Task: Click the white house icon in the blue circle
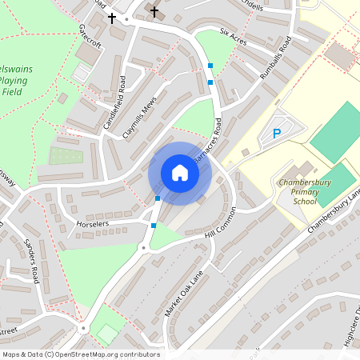pyautogui.click(x=180, y=173)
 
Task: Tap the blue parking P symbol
pyautogui.click(x=277, y=134)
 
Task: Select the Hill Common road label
pyautogui.click(x=221, y=226)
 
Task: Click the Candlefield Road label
pyautogui.click(x=113, y=103)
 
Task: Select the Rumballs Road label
pyautogui.click(x=284, y=57)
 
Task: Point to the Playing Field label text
pyautogui.click(x=14, y=81)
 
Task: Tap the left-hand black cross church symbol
pyautogui.click(x=112, y=17)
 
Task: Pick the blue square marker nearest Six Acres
pyautogui.click(x=210, y=65)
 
